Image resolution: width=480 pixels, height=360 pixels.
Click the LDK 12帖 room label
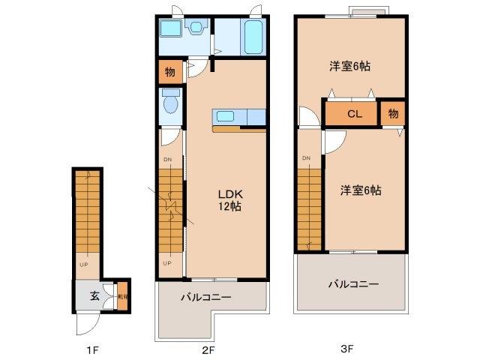pyautogui.click(x=229, y=199)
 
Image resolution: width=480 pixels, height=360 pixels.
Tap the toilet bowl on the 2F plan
pyautogui.click(x=169, y=102)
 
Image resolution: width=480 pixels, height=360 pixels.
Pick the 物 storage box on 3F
pyautogui.click(x=392, y=114)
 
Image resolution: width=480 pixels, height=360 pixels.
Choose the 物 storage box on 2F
pyautogui.click(x=169, y=73)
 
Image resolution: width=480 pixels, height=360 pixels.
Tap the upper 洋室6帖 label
pyautogui.click(x=349, y=66)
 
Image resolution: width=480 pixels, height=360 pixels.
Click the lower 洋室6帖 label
pyautogui.click(x=361, y=190)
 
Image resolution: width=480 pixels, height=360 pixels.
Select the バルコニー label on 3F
pyautogui.click(x=352, y=284)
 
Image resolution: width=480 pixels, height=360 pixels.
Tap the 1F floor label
pyautogui.click(x=91, y=349)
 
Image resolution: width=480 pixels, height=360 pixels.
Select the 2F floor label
pyautogui.click(x=208, y=349)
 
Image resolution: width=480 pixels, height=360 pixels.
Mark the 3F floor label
pyautogui.click(x=346, y=349)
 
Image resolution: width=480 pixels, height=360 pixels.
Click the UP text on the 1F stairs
pyautogui.click(x=84, y=264)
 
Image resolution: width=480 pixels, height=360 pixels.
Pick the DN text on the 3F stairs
pyautogui.click(x=306, y=158)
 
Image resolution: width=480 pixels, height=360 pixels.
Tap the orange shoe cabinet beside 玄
pyautogui.click(x=121, y=295)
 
